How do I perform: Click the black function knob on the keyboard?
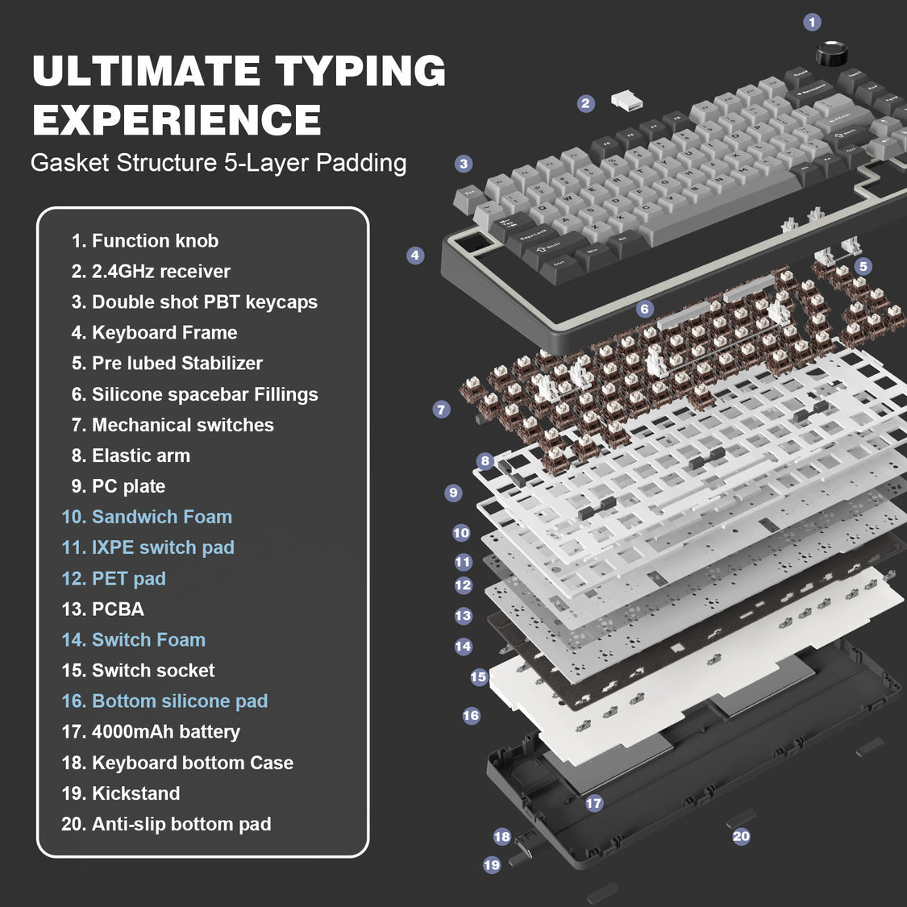coord(831,54)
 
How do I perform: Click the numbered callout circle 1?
coord(812,23)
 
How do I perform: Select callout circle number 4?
coord(415,256)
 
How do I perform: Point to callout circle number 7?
coord(441,410)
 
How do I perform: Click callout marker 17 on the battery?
coord(594,803)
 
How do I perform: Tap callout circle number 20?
coord(741,836)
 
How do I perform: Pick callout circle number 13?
coord(463,616)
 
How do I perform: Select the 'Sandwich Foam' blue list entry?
coord(147,517)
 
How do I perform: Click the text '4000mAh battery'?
coord(151,732)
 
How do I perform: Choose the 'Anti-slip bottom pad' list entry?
coord(166,824)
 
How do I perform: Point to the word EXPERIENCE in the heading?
coord(177,120)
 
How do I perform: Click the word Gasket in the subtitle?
coord(70,163)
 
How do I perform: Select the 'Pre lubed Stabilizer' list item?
coord(167,364)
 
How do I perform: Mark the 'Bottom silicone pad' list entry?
coord(164,701)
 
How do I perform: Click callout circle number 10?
coord(461,532)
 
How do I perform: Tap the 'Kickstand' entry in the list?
coord(121,793)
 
